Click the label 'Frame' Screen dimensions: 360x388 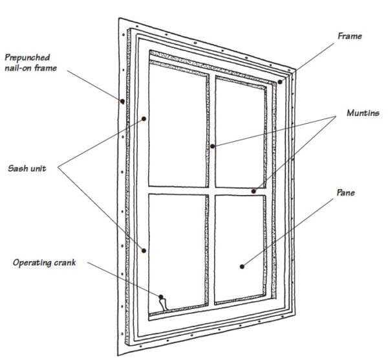tap(349, 36)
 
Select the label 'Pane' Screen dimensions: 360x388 tap(347, 193)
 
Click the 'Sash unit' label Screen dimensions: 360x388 tap(26, 168)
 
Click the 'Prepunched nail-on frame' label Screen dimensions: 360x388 tap(29, 60)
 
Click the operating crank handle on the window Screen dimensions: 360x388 tap(162, 300)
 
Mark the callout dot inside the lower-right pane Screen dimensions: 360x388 tap(242, 265)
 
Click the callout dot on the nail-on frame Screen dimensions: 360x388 tap(121, 100)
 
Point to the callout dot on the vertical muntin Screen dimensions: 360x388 tap(212, 146)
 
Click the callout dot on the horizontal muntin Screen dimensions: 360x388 tap(254, 191)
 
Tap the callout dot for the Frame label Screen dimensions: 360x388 tap(280, 82)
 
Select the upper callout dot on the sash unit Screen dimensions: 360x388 tap(144, 119)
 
